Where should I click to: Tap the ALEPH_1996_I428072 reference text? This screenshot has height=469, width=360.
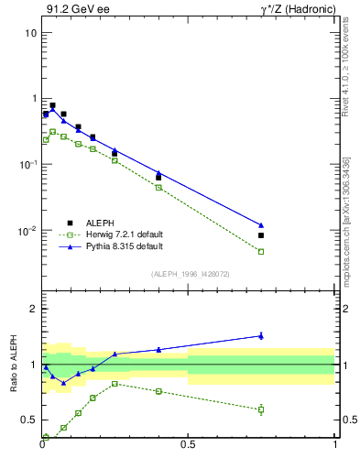[x=189, y=274]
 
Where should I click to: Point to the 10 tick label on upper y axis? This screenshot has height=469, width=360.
[x=29, y=33]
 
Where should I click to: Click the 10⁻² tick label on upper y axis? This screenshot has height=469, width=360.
[x=27, y=231]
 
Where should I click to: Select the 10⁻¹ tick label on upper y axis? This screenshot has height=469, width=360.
[x=27, y=165]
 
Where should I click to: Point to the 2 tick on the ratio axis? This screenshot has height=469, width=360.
[x=33, y=309]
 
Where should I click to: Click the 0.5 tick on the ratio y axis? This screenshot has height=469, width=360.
[x=29, y=420]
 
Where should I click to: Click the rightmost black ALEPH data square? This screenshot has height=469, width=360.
[x=261, y=235]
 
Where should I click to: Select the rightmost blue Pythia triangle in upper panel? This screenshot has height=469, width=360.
[x=261, y=224]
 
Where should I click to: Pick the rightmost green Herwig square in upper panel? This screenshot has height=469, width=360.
[x=261, y=251]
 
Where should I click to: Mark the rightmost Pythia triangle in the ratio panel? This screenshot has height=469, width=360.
[x=261, y=335]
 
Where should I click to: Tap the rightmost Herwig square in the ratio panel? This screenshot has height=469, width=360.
[x=261, y=409]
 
